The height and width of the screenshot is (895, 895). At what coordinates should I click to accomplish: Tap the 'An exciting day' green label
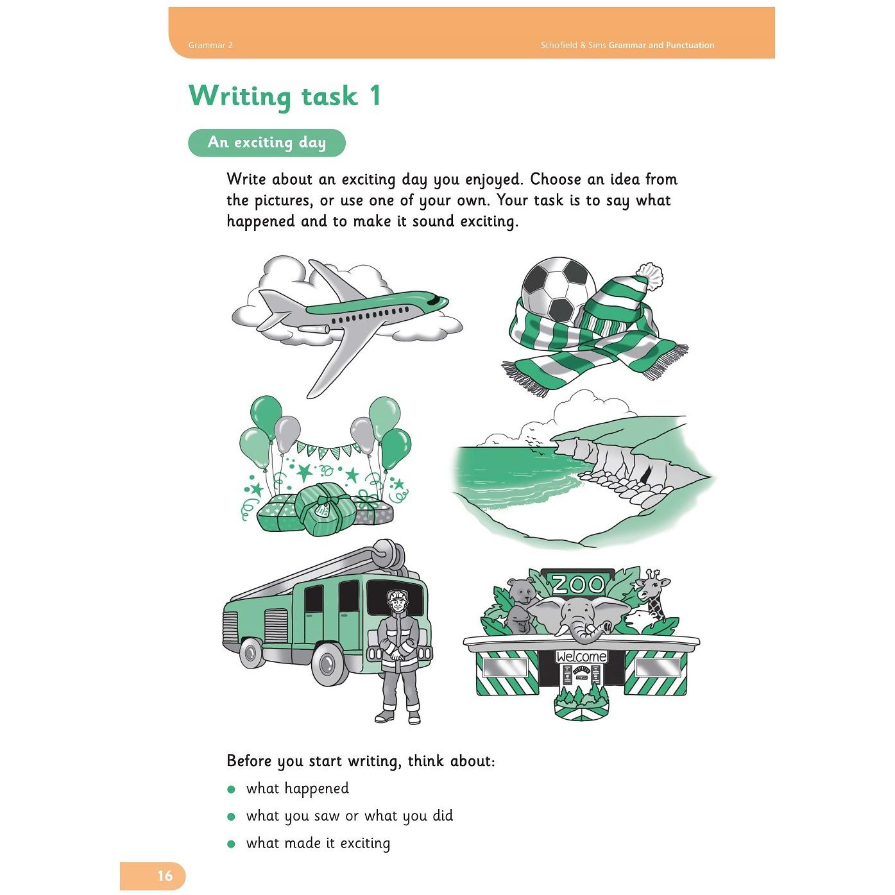pyautogui.click(x=267, y=142)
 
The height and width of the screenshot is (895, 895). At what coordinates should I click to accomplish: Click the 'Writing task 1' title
pyautogui.click(x=285, y=97)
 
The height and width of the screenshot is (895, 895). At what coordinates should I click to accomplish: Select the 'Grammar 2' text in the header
pyautogui.click(x=210, y=45)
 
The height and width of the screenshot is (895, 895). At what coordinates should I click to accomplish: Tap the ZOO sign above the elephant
pyautogui.click(x=578, y=584)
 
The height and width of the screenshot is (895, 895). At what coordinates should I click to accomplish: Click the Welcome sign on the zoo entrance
pyautogui.click(x=581, y=656)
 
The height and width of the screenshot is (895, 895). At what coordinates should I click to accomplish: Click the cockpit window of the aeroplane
pyautogui.click(x=433, y=300)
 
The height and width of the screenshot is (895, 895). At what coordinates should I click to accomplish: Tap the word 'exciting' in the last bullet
pyautogui.click(x=365, y=844)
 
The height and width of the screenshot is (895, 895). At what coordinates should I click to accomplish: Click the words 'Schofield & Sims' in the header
pyautogui.click(x=573, y=46)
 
